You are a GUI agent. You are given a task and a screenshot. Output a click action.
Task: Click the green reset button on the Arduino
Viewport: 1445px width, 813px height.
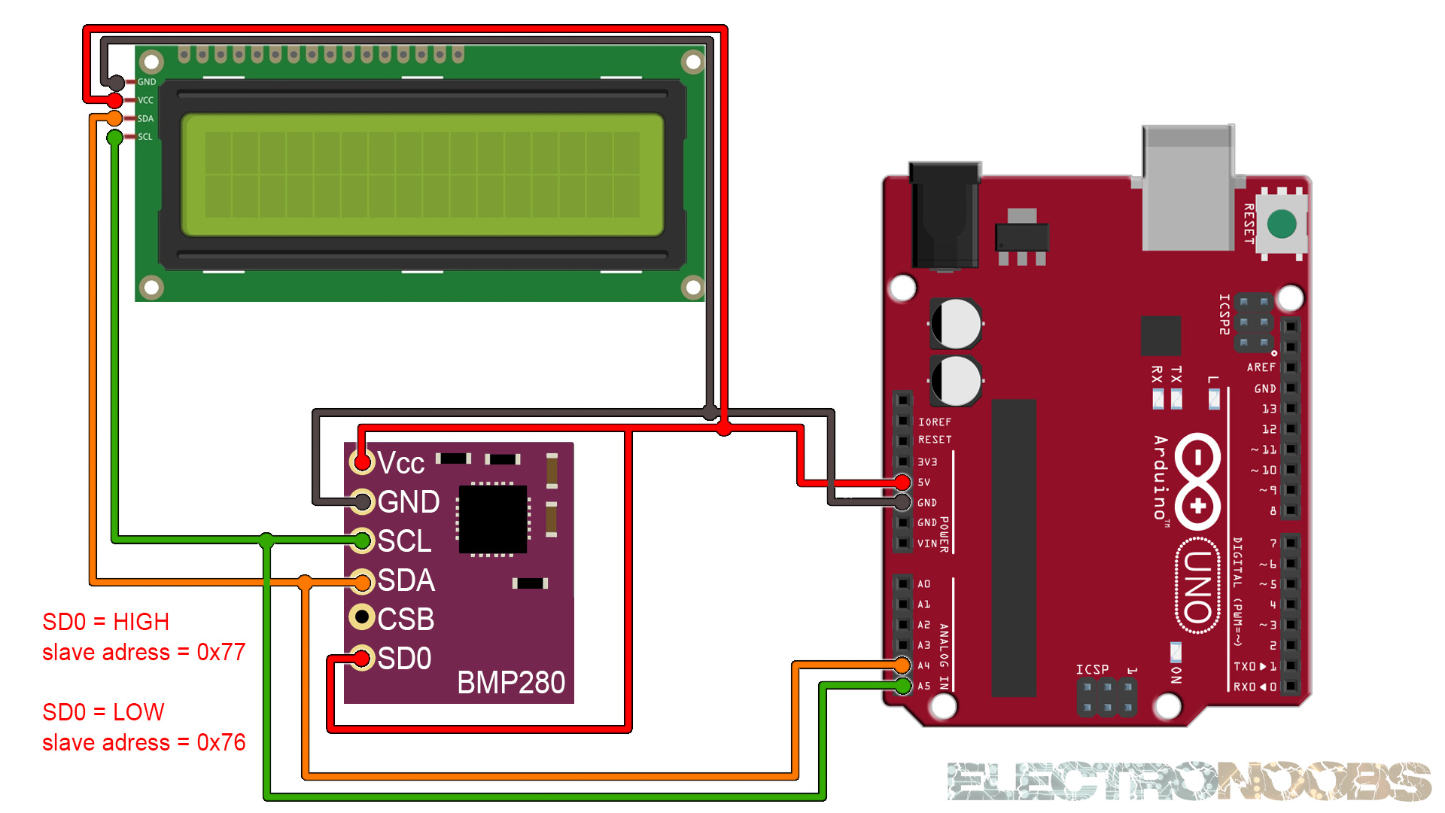pyautogui.click(x=1281, y=224)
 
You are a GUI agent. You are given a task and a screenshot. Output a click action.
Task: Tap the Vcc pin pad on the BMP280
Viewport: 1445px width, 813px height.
pyautogui.click(x=362, y=461)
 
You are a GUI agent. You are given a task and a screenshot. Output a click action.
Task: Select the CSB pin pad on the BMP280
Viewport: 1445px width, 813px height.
pyautogui.click(x=362, y=617)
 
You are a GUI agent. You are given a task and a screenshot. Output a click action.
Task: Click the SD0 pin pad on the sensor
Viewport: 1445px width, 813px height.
pyautogui.click(x=362, y=658)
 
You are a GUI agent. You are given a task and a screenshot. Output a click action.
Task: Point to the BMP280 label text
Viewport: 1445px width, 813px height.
pyautogui.click(x=510, y=683)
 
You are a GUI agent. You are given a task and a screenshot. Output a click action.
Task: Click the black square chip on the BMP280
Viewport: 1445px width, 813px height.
pyautogui.click(x=493, y=519)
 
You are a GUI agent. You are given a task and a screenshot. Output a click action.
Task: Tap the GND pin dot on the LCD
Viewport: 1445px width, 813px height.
pyautogui.click(x=117, y=82)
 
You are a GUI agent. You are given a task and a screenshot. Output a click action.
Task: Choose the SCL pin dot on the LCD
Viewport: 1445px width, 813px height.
pyautogui.click(x=114, y=137)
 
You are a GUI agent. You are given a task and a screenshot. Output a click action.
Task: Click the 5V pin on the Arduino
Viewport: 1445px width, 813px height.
pyautogui.click(x=902, y=482)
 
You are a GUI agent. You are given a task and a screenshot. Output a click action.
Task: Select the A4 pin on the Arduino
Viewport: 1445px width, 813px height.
pyautogui.click(x=902, y=665)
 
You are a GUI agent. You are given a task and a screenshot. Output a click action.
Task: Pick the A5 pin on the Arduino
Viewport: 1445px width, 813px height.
pyautogui.click(x=902, y=686)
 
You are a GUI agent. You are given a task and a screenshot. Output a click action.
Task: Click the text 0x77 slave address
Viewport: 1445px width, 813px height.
pyautogui.click(x=221, y=652)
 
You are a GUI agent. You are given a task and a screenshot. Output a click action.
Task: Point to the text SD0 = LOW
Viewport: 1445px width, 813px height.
pyautogui.click(x=103, y=711)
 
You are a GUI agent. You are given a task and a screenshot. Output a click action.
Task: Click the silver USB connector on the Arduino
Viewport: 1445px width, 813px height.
pyautogui.click(x=1188, y=188)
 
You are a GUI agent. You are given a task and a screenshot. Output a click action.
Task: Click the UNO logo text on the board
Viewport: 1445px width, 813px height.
pyautogui.click(x=1197, y=586)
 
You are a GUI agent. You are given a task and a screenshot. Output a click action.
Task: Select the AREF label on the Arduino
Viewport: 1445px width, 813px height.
pyautogui.click(x=1261, y=367)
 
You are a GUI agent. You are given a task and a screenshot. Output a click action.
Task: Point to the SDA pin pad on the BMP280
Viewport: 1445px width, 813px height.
pyautogui.click(x=362, y=581)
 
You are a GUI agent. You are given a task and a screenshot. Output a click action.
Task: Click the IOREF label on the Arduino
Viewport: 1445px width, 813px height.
pyautogui.click(x=935, y=422)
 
